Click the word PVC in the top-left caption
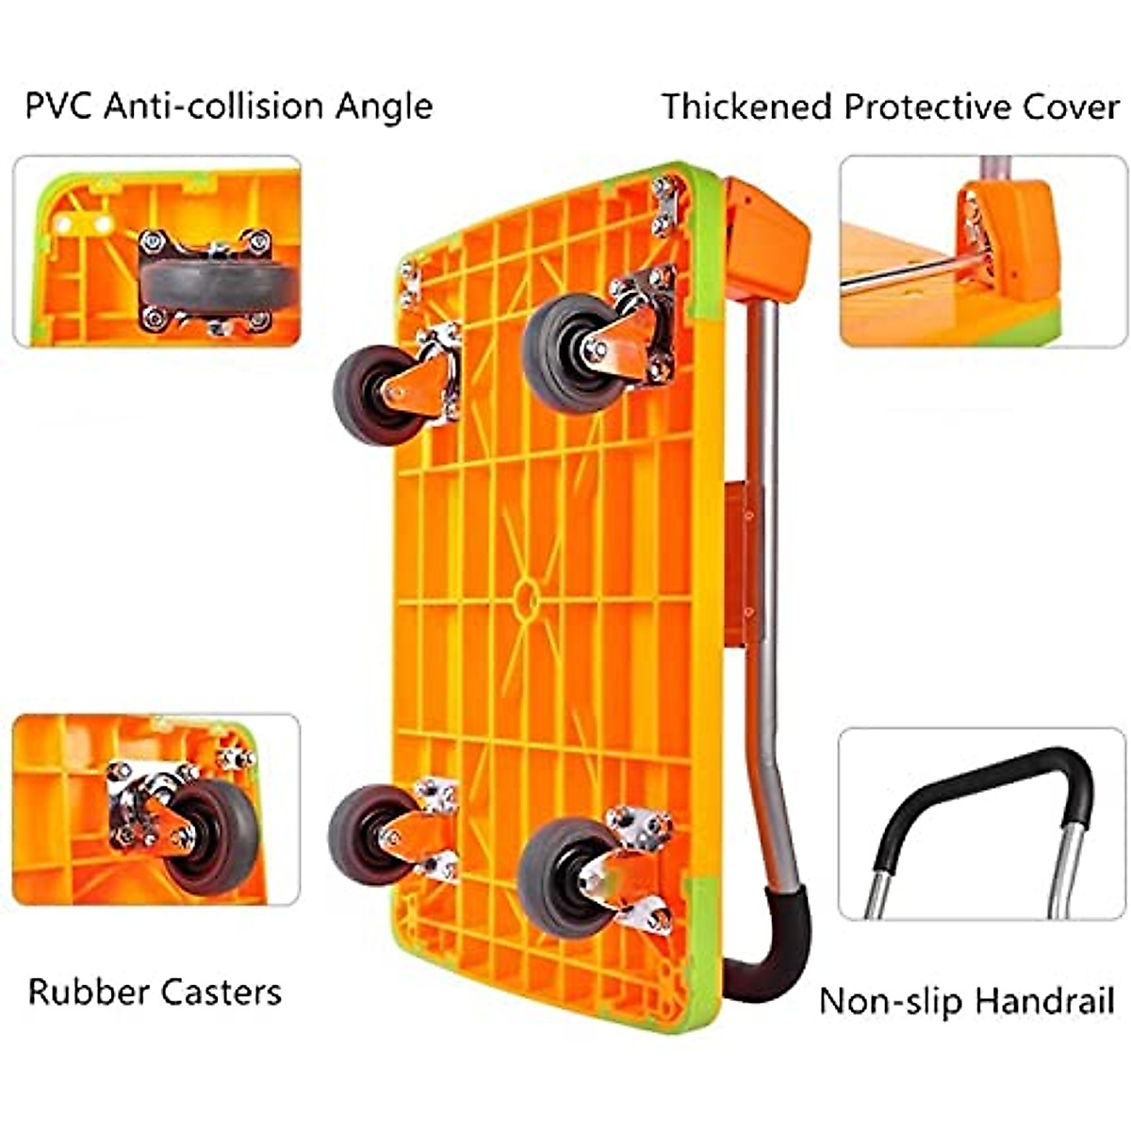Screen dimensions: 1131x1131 point(59,107)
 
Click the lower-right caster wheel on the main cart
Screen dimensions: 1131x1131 point(561,877)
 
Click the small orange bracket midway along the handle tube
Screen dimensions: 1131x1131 point(741,565)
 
